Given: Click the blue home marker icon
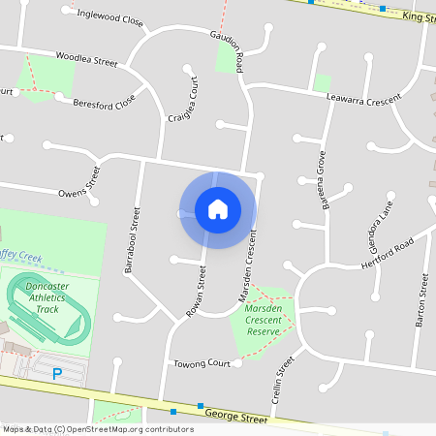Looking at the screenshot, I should click(218, 209).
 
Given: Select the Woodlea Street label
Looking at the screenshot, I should click(87, 59).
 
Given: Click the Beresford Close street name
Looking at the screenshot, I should click(103, 100).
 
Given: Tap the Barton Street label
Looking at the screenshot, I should click(421, 301).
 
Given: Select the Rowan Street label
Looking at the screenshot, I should click(197, 292).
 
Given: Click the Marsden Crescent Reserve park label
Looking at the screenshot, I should click(263, 320).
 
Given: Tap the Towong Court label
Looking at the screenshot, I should click(202, 364).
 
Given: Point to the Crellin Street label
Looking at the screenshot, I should click(284, 380).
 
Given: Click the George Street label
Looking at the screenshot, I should click(235, 419).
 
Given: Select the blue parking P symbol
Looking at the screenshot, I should click(56, 373).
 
